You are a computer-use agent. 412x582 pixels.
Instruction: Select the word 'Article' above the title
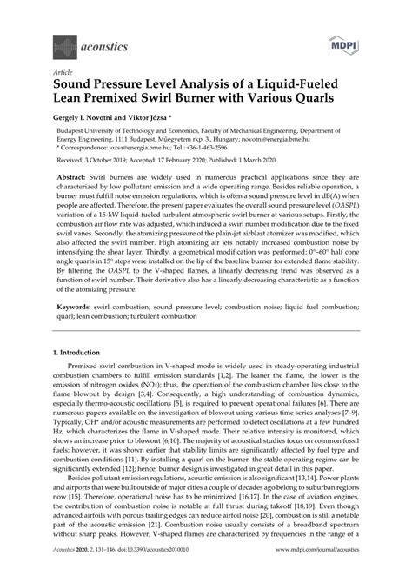point(63,73)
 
